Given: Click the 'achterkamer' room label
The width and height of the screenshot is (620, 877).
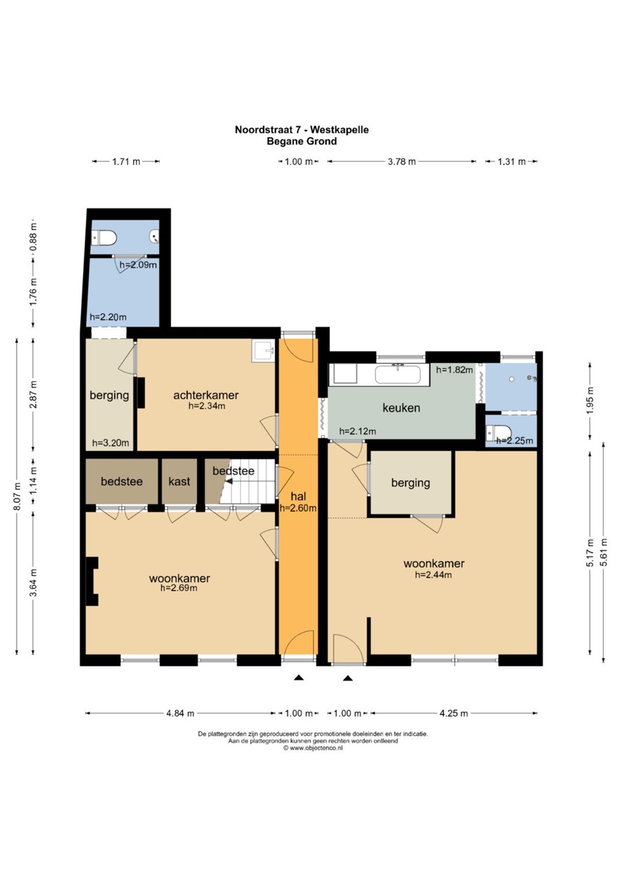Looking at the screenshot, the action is pyautogui.click(x=206, y=395).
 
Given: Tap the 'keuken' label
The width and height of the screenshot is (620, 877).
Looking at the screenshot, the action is pyautogui.click(x=401, y=408).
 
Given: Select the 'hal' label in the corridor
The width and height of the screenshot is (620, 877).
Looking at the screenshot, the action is pyautogui.click(x=298, y=496).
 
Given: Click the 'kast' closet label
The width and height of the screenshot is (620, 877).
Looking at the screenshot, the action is pyautogui.click(x=179, y=481).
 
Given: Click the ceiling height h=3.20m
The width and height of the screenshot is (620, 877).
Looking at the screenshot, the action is pyautogui.click(x=110, y=443).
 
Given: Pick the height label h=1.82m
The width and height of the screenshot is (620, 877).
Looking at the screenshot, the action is pyautogui.click(x=454, y=370).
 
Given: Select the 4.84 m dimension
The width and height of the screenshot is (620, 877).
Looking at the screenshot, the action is pyautogui.click(x=180, y=713).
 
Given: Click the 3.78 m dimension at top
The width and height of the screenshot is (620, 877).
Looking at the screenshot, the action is pyautogui.click(x=401, y=161).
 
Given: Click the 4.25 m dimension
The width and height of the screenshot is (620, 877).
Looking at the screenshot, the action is pyautogui.click(x=454, y=713).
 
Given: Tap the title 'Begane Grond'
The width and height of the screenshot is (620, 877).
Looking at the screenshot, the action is pyautogui.click(x=302, y=141).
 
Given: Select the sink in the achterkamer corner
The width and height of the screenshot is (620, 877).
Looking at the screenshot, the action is pyautogui.click(x=264, y=350).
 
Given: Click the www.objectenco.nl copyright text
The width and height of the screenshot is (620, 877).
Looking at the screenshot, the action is pyautogui.click(x=312, y=748).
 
